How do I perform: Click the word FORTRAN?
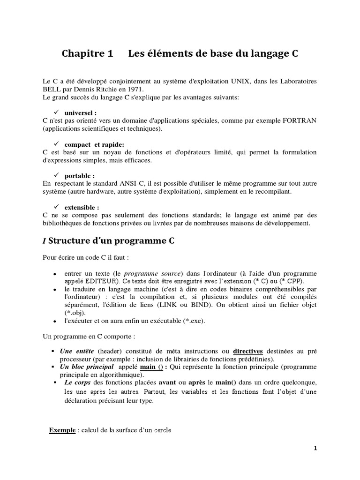[300, 120]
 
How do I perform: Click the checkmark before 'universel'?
[55, 112]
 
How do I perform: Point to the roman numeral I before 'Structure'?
[44, 242]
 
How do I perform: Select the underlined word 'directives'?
[248, 351]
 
